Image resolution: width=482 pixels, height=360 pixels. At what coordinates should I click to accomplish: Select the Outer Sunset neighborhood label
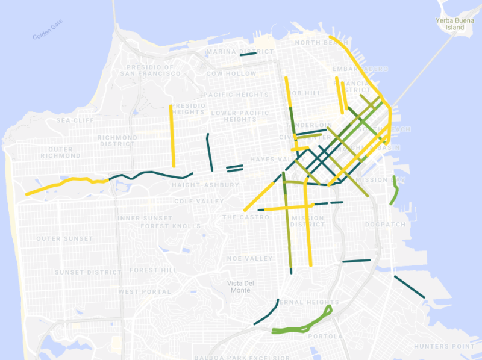coord(64,239)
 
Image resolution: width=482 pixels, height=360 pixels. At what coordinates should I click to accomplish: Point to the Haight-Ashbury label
coord(201,185)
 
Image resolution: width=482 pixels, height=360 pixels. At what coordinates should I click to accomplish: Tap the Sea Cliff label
coord(75,120)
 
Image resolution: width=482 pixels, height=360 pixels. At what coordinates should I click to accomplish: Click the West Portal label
coord(145,291)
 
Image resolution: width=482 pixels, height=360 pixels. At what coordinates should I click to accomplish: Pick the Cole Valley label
coord(199,201)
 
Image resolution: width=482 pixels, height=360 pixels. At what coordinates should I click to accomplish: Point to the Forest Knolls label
coord(171,226)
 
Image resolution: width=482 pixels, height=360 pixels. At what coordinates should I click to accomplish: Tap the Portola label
coord(325,337)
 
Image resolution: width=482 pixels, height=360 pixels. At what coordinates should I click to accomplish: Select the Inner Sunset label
coord(145,218)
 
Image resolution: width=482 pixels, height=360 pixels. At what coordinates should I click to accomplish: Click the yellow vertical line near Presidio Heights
coord(172,135)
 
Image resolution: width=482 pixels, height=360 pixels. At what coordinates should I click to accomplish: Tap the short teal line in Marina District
coord(248,54)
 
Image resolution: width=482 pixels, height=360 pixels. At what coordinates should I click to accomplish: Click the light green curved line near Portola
coord(301,326)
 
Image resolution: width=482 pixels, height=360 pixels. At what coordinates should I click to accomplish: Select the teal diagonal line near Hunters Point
coord(409,287)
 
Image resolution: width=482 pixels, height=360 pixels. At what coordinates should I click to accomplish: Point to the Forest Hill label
coord(153,270)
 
